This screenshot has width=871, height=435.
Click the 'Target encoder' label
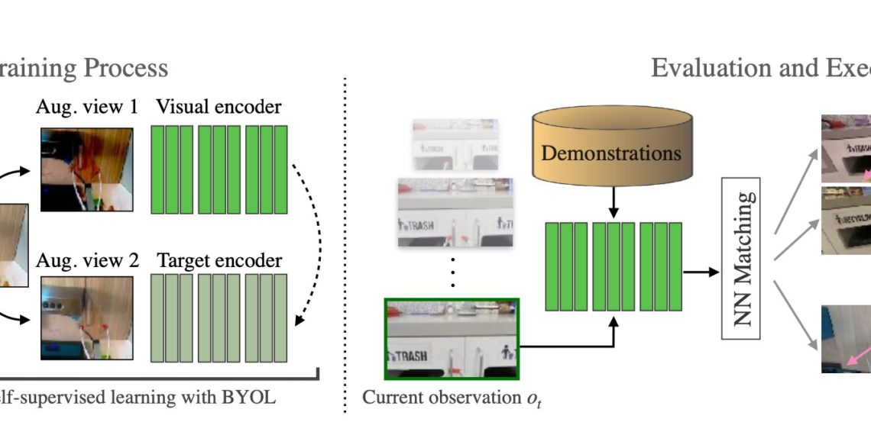tap(219, 260)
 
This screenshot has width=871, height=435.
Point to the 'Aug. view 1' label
tap(86, 106)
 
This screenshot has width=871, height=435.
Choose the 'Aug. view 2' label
tap(87, 260)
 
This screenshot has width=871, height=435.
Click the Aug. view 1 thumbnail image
tap(86, 169)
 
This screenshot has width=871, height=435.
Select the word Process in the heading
tap(126, 68)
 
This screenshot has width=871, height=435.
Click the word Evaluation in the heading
tap(707, 68)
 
